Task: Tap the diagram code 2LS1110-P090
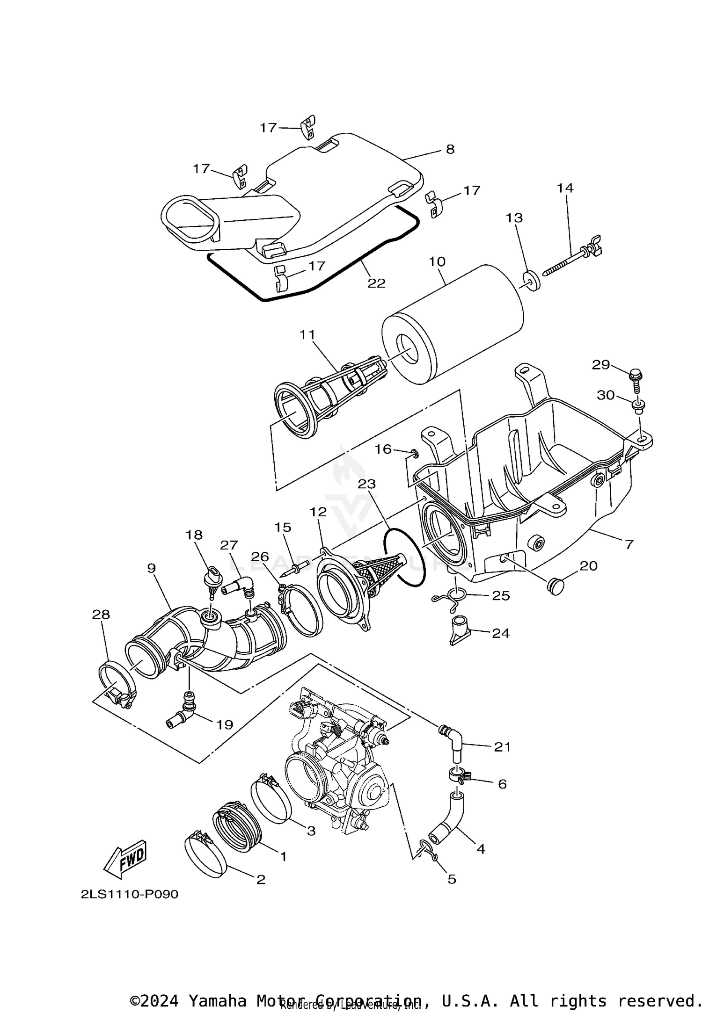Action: point(129,894)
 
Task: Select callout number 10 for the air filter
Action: point(437,261)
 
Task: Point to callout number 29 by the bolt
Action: point(600,364)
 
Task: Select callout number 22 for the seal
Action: point(376,283)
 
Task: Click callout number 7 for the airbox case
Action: point(629,544)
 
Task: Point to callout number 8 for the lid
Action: point(449,149)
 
